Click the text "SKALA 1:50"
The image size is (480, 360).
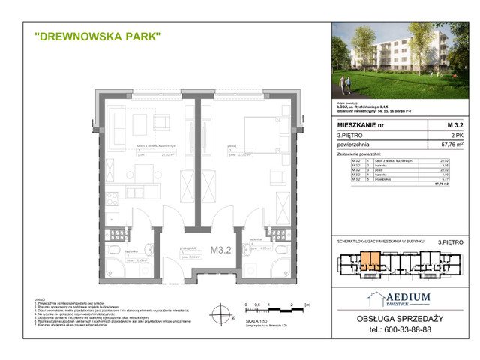[x=256, y=319]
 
